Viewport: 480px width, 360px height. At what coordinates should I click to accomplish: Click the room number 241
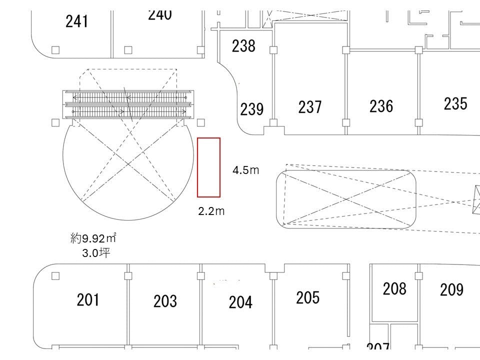[x=77, y=21]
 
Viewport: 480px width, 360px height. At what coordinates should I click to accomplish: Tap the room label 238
[x=243, y=46]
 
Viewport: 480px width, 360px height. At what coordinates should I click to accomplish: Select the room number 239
[x=251, y=109]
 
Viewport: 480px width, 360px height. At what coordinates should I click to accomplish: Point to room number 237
[x=310, y=106]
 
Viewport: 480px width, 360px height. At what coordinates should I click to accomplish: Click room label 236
[x=381, y=106]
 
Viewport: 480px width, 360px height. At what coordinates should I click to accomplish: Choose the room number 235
[x=455, y=103]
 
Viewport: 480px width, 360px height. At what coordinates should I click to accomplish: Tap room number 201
[x=88, y=299]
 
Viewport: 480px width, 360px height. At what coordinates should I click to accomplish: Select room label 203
[x=165, y=301]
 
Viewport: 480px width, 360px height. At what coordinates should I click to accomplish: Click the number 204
[x=240, y=302]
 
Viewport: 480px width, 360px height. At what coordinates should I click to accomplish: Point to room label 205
[x=307, y=297]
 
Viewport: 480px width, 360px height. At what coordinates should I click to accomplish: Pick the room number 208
[x=394, y=288]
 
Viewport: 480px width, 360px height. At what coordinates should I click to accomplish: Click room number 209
[x=451, y=289]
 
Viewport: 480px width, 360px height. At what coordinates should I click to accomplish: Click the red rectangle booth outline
[x=209, y=167]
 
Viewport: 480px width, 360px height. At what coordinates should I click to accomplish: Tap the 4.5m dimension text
[x=245, y=170]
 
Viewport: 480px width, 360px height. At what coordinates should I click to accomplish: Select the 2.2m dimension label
[x=211, y=211]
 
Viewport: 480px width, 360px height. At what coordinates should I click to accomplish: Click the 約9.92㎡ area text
[x=93, y=238]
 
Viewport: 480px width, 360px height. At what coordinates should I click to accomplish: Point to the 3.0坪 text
[x=96, y=253]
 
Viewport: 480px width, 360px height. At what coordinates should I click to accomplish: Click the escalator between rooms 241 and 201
[x=127, y=104]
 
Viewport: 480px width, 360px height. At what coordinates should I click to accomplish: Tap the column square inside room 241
[x=55, y=50]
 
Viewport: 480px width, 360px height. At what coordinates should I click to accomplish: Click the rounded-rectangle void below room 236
[x=346, y=199]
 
